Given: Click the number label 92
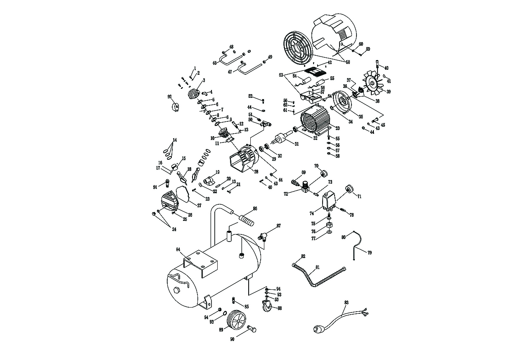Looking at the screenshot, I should click(169, 96).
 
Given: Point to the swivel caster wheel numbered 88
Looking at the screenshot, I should click(266, 307).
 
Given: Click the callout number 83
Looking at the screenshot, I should click(346, 303).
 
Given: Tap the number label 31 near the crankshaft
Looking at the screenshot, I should click(296, 144).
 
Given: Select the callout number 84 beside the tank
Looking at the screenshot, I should click(178, 250).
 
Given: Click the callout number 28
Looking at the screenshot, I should click(256, 171).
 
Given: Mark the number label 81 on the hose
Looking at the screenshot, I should click(317, 268).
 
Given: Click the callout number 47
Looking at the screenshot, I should click(230, 71).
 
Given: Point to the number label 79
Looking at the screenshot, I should click(369, 252).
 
